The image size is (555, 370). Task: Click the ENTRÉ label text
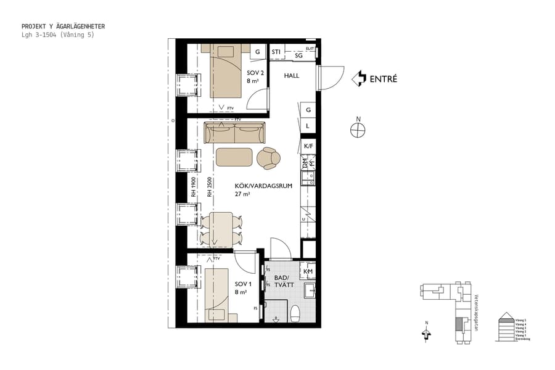(x=383, y=79)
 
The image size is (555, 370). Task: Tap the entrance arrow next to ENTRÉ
(x=358, y=78)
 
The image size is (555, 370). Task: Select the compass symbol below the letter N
(x=356, y=130)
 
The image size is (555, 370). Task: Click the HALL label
(x=292, y=76)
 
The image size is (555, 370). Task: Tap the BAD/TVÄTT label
(x=284, y=281)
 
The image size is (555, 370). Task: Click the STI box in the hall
(x=276, y=52)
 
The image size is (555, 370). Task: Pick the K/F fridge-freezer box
(x=308, y=146)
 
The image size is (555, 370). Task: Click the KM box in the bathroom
(x=308, y=271)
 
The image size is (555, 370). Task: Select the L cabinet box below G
(x=308, y=126)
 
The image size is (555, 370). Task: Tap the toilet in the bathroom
(x=295, y=313)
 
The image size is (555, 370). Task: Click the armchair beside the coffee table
(x=269, y=158)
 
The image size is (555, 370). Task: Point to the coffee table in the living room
(x=234, y=157)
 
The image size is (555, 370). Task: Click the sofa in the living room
(x=234, y=131)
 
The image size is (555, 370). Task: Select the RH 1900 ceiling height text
(x=193, y=187)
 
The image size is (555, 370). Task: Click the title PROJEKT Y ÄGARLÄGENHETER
(x=63, y=27)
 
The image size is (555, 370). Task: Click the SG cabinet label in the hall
(x=298, y=55)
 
